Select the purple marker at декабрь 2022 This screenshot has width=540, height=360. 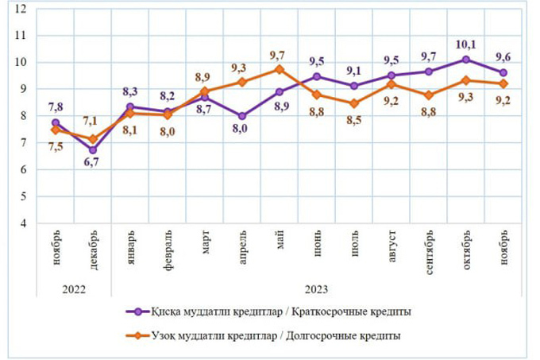point(93,149)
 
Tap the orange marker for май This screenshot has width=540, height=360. point(280,69)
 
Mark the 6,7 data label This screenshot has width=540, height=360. point(93,165)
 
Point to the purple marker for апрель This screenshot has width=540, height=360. point(242,116)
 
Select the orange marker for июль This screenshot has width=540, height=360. point(354,103)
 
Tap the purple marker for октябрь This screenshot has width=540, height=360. point(466,60)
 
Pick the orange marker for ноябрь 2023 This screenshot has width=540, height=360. point(503,83)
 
